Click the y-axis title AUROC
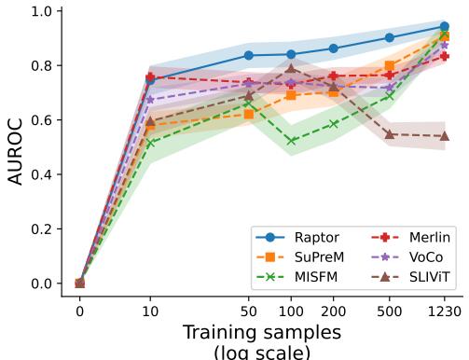(x=16, y=147)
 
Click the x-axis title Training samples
(x=262, y=333)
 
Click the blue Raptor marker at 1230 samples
(x=445, y=26)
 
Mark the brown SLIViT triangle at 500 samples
(x=390, y=134)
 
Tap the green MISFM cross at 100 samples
(x=291, y=141)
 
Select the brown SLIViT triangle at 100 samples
(x=291, y=68)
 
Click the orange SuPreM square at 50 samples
(x=249, y=114)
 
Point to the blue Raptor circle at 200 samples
(x=334, y=48)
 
